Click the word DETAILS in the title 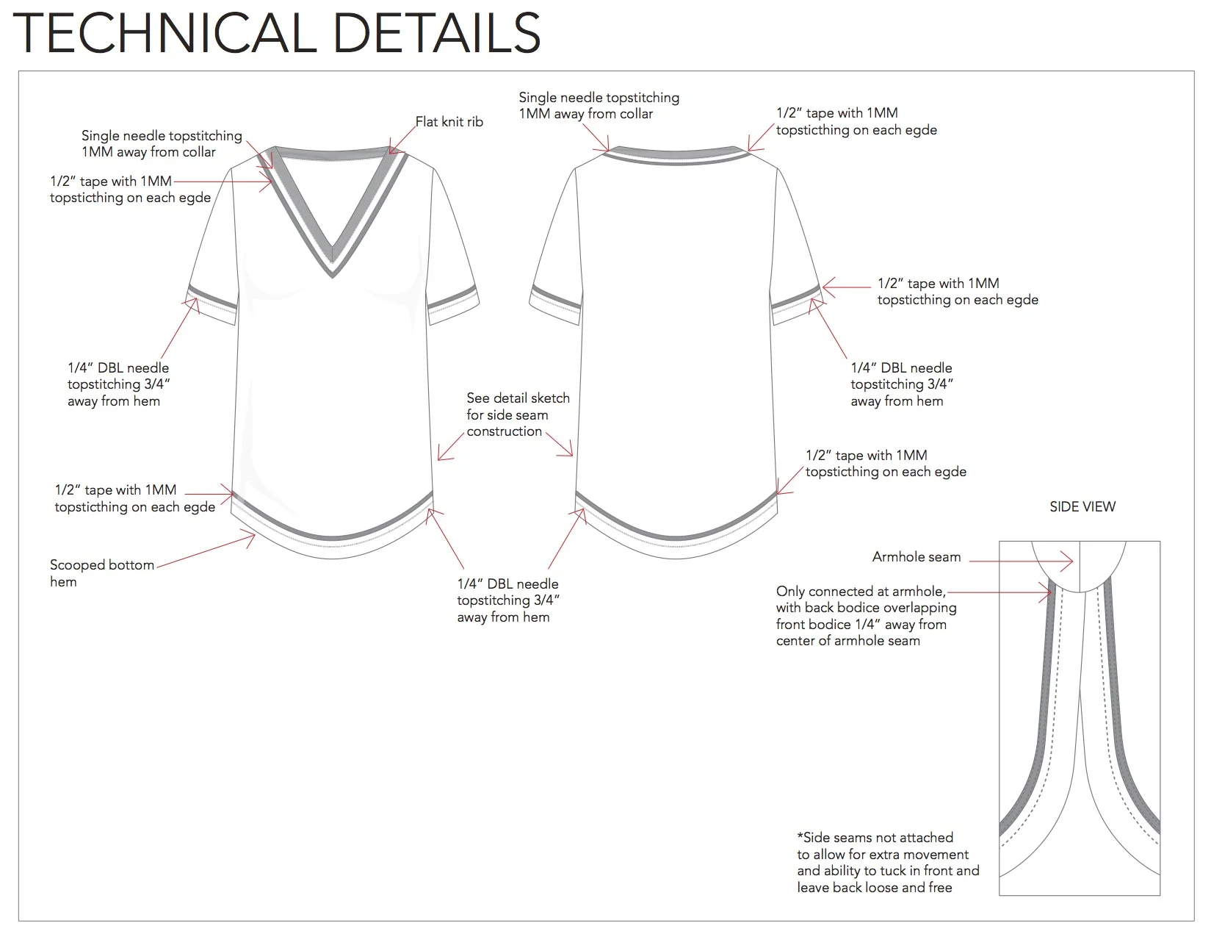click(x=436, y=33)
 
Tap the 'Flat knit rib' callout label click(x=449, y=122)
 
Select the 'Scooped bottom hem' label click(x=101, y=573)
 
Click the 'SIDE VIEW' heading click(x=1082, y=506)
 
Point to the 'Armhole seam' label click(x=916, y=557)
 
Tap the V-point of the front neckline click(x=333, y=273)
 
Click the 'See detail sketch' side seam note click(x=517, y=414)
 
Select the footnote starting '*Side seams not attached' click(x=887, y=862)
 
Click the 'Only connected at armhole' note click(x=866, y=616)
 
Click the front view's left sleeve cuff click(x=212, y=301)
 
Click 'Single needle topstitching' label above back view click(x=599, y=105)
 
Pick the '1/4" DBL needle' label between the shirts click(x=507, y=600)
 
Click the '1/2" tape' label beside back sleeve click(x=957, y=291)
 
